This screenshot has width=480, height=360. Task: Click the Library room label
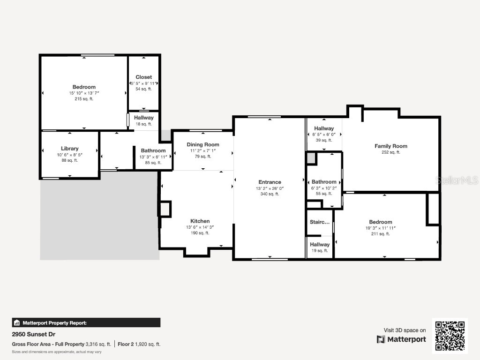pos(70,149)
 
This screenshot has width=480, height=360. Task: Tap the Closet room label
pos(143,77)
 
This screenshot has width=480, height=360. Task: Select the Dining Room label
pos(203,144)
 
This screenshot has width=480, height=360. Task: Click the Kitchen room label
pos(200,221)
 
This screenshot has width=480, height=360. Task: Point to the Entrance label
pos(270,182)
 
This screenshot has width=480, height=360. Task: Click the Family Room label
pos(390,146)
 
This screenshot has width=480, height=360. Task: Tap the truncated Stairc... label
pos(319,222)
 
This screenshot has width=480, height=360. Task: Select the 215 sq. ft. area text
pos(84,99)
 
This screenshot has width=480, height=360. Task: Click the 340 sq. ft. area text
pos(270,194)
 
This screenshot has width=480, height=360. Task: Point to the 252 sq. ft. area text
pos(390,152)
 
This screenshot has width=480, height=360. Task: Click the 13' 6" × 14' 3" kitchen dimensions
pos(200,227)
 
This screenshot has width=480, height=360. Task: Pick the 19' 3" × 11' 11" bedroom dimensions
pos(380,228)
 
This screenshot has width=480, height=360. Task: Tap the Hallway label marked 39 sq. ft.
pos(324,128)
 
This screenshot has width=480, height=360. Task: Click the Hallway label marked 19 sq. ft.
pos(319,244)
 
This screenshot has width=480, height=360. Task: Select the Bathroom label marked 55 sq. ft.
pos(324,182)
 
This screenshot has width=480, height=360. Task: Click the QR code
pos(450,336)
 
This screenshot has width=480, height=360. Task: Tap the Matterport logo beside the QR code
pos(401,339)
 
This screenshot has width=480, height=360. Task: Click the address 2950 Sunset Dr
pos(31,335)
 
